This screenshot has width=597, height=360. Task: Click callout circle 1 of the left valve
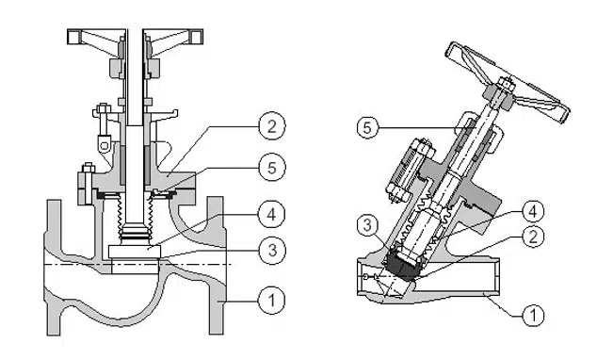click(x=271, y=301)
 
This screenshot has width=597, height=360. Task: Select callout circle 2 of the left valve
click(x=271, y=126)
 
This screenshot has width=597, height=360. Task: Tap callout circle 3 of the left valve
click(x=271, y=251)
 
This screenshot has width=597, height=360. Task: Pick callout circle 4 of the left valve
click(x=271, y=215)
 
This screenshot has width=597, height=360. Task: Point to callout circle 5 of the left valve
click(x=271, y=168)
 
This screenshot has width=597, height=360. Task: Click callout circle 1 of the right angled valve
click(x=533, y=315)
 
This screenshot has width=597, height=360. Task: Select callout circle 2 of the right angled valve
click(x=533, y=237)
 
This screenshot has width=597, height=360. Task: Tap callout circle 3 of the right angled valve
click(x=367, y=225)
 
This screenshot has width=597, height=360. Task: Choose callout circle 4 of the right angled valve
click(x=533, y=211)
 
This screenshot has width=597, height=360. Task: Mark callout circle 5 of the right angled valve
click(x=367, y=127)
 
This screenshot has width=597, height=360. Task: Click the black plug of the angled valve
click(x=404, y=266)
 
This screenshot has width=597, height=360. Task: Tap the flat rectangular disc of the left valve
click(x=135, y=252)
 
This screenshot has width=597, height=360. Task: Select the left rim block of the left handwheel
click(x=73, y=37)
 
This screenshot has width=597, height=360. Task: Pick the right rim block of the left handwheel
click(x=197, y=37)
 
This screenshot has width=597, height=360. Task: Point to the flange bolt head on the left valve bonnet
click(x=89, y=168)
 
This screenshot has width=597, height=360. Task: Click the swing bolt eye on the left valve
click(x=104, y=144)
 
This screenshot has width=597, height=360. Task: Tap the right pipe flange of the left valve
click(x=216, y=266)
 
